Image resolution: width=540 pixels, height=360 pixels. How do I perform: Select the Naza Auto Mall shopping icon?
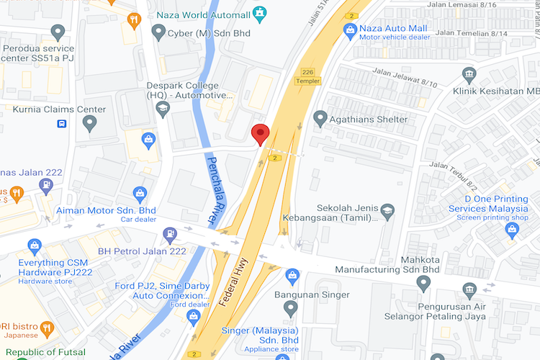pos(350,30)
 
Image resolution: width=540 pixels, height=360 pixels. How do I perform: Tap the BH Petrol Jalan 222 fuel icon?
pos(170,233)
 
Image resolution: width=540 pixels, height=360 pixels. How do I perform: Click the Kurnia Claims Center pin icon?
pos(90,123)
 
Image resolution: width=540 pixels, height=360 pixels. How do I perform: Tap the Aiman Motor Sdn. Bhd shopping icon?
pos(140,193)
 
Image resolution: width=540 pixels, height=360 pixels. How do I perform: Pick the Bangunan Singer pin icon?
pos(291,308)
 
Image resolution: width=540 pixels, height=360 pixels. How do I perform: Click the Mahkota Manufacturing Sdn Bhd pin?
pos(424,284)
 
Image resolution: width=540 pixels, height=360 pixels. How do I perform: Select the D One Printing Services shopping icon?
pos(512,230)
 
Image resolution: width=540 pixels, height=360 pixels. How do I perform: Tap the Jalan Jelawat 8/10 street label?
pos(405,78)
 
